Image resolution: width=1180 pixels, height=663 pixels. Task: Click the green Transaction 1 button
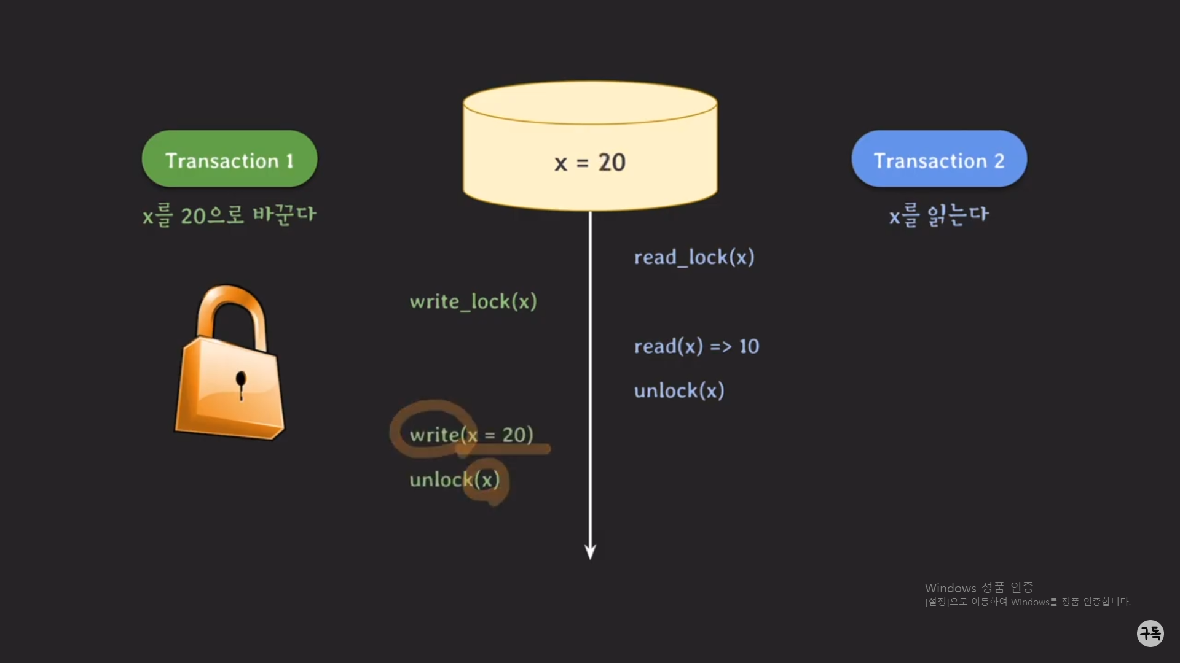tap(229, 159)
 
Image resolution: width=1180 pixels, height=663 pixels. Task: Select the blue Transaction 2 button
tap(938, 159)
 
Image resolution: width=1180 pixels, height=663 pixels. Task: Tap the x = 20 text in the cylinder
tap(589, 163)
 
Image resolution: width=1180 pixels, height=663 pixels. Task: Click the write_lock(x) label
tap(473, 301)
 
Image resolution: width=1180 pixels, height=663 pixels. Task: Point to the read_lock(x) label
tap(694, 257)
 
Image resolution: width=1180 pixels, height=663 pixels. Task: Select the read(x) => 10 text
tap(696, 346)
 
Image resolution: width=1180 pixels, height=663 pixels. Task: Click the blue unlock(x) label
tap(679, 390)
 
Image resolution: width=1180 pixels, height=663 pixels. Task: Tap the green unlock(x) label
tap(454, 479)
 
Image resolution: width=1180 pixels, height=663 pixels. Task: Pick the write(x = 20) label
tap(471, 435)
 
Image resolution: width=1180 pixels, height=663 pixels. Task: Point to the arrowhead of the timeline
tap(590, 551)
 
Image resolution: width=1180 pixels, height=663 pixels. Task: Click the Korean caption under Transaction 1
tap(229, 215)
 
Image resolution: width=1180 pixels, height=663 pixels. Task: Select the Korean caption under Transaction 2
tap(938, 215)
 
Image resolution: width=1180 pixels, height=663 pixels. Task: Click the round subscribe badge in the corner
tap(1150, 633)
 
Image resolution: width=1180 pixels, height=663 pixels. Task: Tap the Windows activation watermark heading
tap(978, 587)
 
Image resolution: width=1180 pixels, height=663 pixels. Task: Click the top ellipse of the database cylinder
tap(590, 103)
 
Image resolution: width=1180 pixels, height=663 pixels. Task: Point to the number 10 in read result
tap(749, 346)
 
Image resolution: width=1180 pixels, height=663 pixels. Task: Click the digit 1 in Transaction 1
tap(289, 161)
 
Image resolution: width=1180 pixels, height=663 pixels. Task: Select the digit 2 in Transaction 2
tap(999, 161)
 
